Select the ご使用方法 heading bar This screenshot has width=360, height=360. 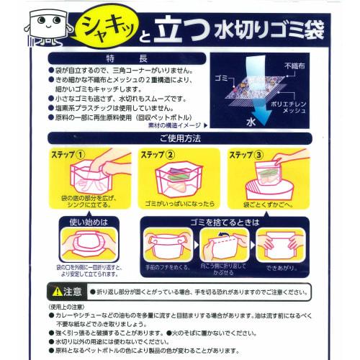coord(179,138)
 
